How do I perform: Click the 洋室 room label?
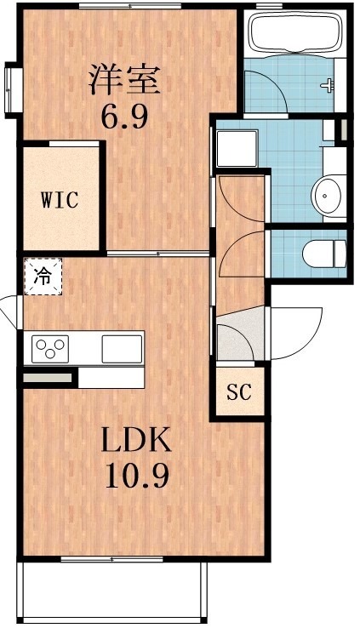pos(124,81)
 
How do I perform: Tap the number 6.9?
pos(124,116)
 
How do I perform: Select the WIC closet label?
pos(60,200)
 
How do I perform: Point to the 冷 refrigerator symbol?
pos(43,277)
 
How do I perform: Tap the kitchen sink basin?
pos(122,349)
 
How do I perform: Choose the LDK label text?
pos(136,439)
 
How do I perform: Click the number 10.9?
pos(136,474)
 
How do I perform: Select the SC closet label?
pos(239,391)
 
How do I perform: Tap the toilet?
pos(324,254)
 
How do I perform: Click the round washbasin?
pos(328,197)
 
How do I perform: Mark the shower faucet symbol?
pos(328,85)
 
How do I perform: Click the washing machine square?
pos(237,148)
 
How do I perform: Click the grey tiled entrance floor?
pos(240,334)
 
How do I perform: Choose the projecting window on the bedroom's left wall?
pos(12,90)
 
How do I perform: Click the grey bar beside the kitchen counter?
pos(48,378)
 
